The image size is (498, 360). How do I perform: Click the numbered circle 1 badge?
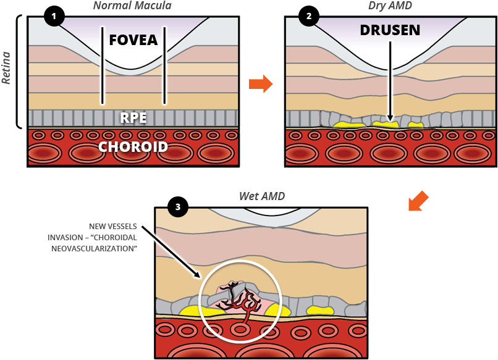point(54,16)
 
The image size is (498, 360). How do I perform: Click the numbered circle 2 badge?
point(308,16)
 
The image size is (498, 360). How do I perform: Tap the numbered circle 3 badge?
point(178,207)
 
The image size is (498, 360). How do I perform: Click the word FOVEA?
point(133,40)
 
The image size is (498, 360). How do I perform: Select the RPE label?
point(133,117)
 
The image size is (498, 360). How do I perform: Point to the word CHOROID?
point(133,147)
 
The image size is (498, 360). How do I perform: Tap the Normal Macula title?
point(132,6)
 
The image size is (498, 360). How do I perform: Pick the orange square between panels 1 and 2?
point(260,83)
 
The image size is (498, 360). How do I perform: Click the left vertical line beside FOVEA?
point(103,65)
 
